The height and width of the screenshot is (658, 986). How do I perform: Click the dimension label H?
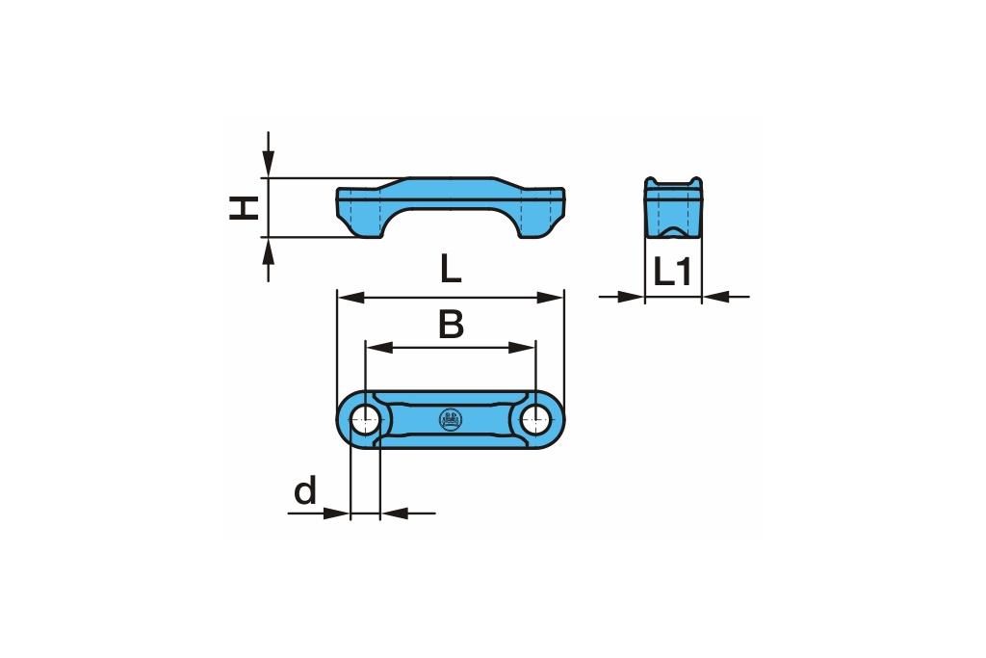tap(244, 208)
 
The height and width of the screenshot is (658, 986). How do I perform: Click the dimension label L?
tap(451, 269)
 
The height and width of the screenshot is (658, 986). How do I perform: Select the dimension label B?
tap(451, 325)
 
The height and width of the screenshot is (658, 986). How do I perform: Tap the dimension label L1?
tap(673, 273)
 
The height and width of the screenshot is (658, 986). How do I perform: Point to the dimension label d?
tap(305, 490)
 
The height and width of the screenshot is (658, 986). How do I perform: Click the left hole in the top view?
tap(365, 420)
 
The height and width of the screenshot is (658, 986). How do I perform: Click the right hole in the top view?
tap(535, 420)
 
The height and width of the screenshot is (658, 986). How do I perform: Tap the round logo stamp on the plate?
tap(451, 420)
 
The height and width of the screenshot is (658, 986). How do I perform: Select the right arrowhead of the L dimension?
tap(550, 297)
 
